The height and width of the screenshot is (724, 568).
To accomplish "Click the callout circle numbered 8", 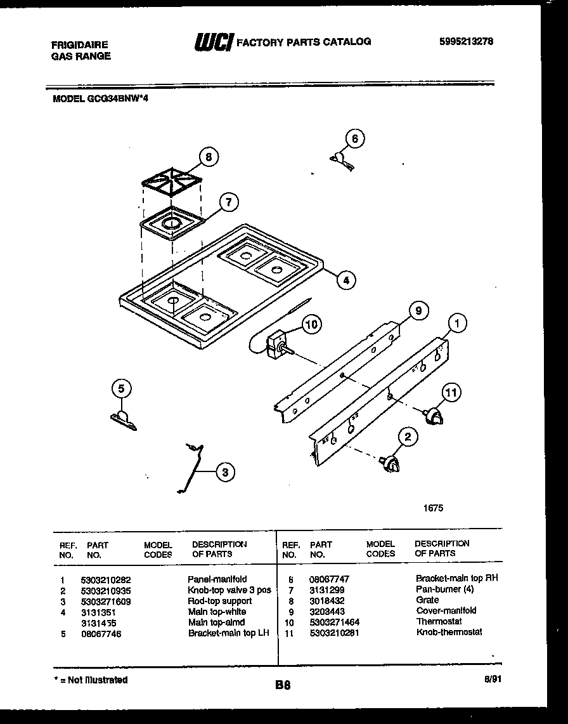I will (207, 156).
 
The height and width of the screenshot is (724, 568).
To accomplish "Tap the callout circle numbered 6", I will (355, 139).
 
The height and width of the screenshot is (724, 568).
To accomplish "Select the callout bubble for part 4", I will (345, 280).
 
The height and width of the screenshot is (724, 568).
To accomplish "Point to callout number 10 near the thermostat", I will (311, 325).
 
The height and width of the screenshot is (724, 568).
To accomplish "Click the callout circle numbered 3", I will (224, 471).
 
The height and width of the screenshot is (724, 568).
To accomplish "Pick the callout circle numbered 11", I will (451, 393).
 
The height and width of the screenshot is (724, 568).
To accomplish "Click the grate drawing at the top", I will (172, 185).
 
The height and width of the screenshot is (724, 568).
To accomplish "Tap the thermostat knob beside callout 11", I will (434, 416).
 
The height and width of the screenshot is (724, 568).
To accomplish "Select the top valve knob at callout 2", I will (390, 466).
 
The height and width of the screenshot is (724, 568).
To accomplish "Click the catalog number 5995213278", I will (466, 42).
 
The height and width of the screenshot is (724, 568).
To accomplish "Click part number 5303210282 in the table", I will (105, 579).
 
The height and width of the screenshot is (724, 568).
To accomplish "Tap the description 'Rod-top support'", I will (219, 601).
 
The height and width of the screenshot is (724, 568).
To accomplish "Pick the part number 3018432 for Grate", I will (327, 600).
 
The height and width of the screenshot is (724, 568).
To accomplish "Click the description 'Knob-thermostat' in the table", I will (449, 632).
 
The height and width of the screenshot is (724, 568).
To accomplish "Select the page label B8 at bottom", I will (283, 685).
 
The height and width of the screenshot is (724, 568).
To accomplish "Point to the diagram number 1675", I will (434, 508).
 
